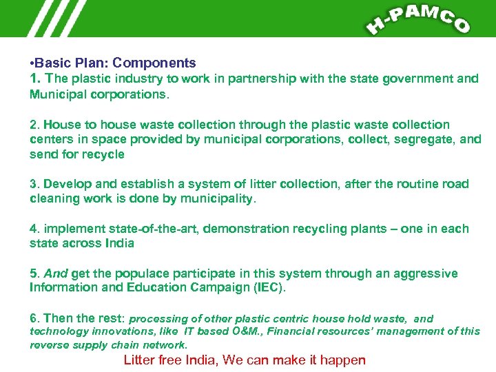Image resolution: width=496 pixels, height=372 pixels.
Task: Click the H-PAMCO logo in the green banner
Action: pos(418,19)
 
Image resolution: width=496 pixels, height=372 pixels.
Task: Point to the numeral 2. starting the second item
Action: pos(34,125)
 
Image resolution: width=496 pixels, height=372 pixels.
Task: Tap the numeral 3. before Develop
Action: pos(34,184)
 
